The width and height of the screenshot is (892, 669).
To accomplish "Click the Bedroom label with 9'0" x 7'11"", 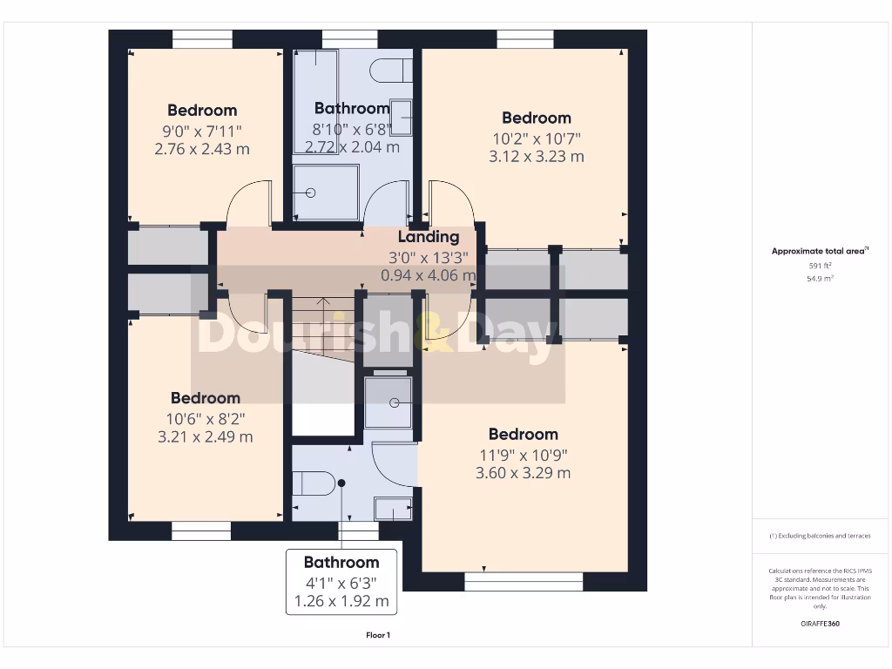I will [x=202, y=111].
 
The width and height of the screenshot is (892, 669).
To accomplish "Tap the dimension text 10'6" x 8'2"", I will [x=205, y=418].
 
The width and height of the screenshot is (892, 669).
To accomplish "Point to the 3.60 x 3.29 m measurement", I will [x=523, y=473].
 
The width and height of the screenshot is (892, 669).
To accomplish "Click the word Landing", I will [x=429, y=237].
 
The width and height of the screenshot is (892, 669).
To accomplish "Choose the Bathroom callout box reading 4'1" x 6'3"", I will [x=341, y=582].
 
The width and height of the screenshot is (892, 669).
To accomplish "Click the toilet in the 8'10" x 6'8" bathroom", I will [x=390, y=70].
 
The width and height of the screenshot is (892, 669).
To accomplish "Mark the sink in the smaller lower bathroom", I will [x=392, y=508].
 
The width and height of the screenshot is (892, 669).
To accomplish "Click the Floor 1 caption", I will [x=378, y=636].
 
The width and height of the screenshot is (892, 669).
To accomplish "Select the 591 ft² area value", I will [x=819, y=266].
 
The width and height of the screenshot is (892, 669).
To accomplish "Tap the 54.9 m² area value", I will [x=819, y=279].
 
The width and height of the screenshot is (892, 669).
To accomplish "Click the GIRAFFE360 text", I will [x=820, y=624].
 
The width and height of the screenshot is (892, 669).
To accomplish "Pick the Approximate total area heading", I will [x=820, y=251].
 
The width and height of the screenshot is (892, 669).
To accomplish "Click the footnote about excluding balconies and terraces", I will [x=820, y=536].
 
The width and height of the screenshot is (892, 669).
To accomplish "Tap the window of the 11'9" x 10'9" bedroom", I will [x=524, y=581].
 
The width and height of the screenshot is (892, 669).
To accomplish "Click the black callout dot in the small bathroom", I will [x=342, y=483].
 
